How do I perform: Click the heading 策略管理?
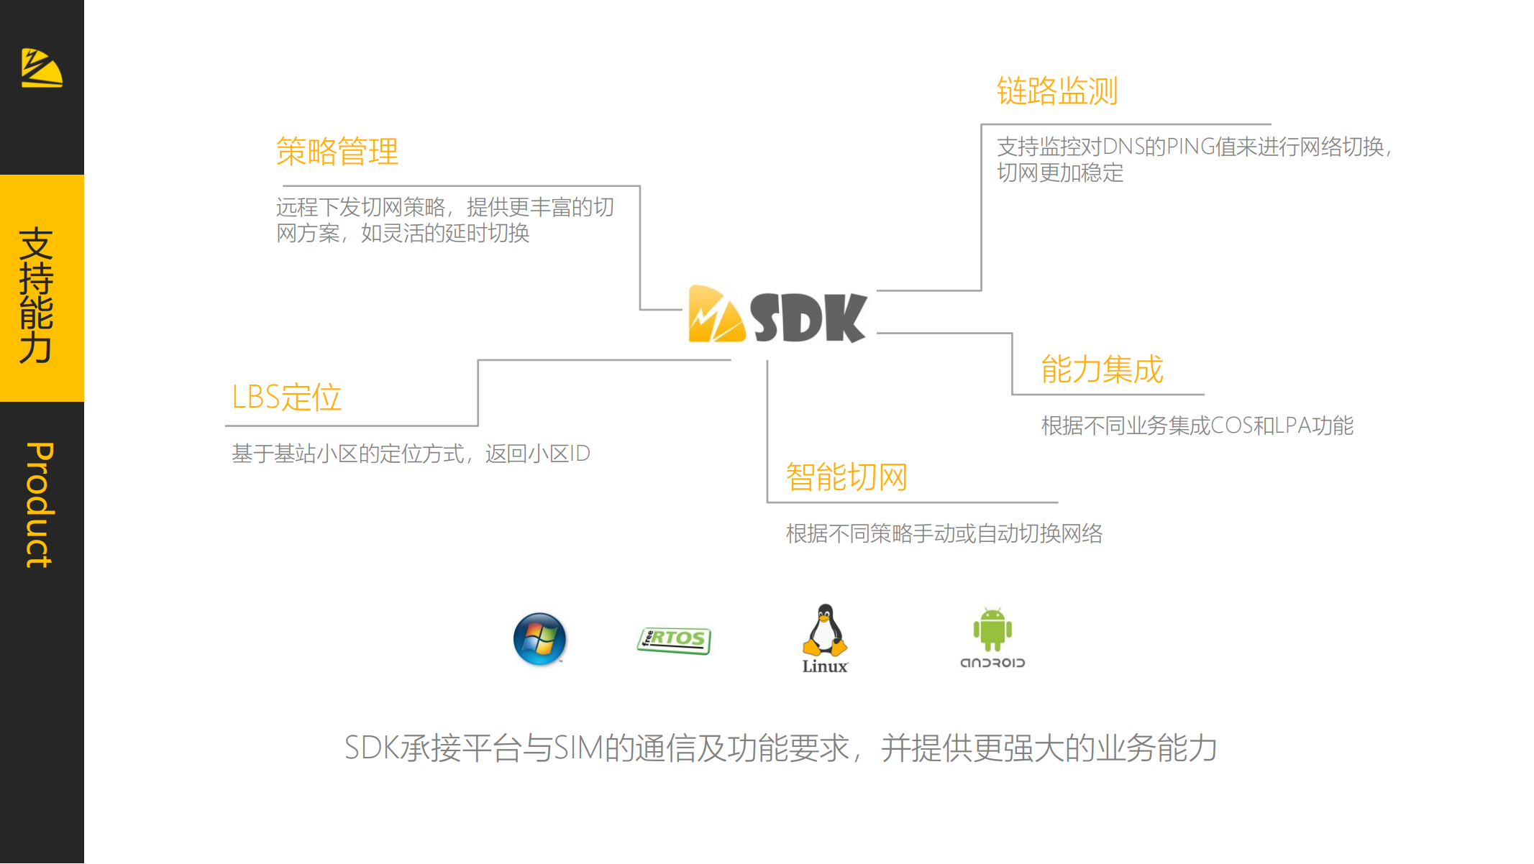tap(337, 151)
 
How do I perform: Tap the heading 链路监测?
tap(1057, 91)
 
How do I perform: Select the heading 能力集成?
tap(1102, 369)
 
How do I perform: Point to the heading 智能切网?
tap(846, 477)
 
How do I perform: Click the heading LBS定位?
tap(286, 397)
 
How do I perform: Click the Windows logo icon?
tap(539, 639)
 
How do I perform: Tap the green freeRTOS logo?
tap(674, 640)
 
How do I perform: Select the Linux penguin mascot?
tap(825, 630)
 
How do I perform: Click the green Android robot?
tap(992, 629)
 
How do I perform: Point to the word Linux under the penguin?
tap(825, 666)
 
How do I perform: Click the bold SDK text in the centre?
tap(808, 317)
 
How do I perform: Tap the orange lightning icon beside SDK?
tap(716, 314)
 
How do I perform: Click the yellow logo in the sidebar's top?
tap(42, 68)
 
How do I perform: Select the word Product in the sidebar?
tap(40, 505)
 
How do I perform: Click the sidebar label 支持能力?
tap(37, 295)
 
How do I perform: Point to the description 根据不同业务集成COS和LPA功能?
tap(1197, 426)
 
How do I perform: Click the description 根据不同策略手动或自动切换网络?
tap(944, 533)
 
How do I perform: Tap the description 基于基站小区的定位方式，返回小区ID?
tap(411, 454)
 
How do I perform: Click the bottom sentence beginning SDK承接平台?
tap(781, 748)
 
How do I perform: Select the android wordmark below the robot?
tap(992, 663)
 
